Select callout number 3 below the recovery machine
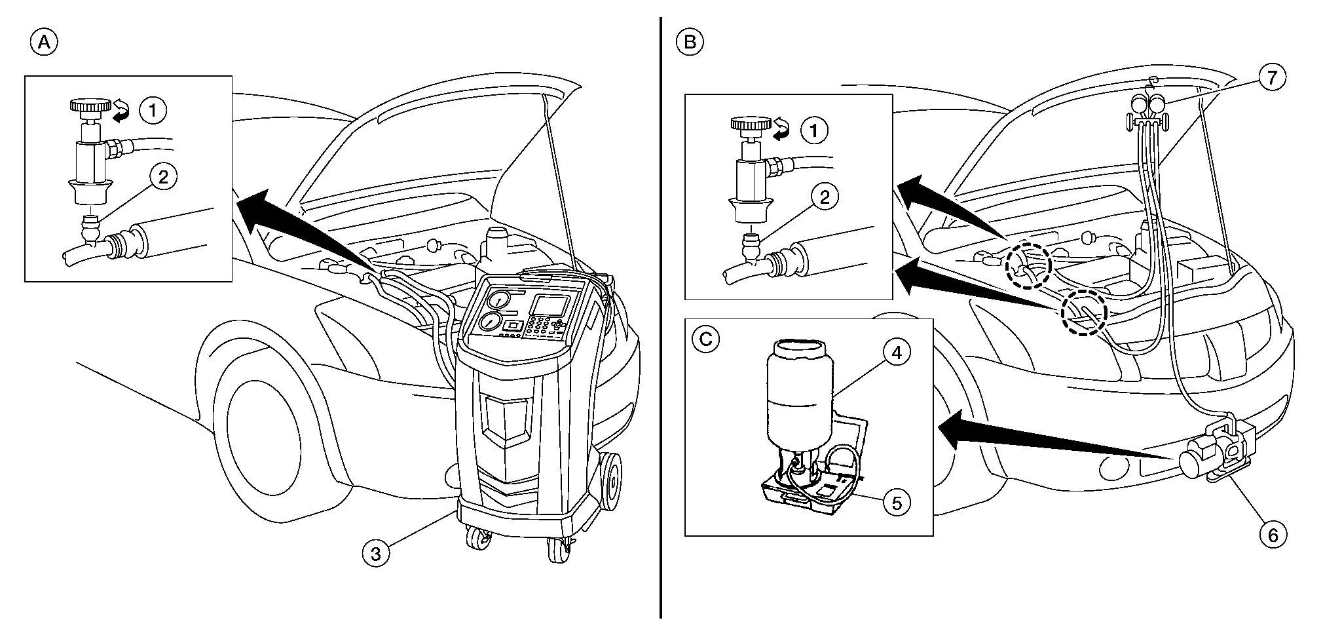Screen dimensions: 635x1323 (375, 554)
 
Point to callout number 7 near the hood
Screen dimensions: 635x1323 (1271, 78)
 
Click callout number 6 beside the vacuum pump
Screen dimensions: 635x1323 (1273, 535)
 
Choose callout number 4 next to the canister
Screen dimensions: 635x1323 (897, 353)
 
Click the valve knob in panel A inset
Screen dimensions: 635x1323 (90, 106)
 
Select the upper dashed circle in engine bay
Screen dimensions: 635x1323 (1028, 265)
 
